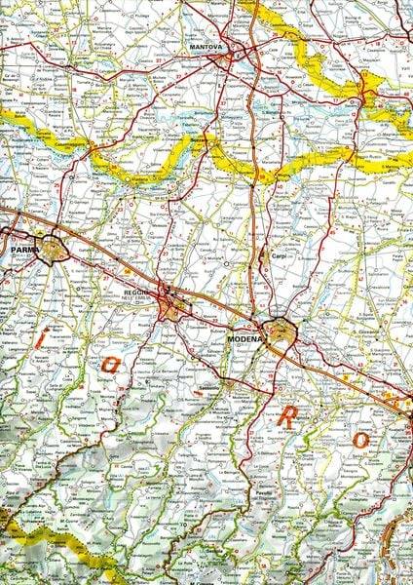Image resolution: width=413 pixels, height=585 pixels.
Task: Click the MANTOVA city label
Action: (206, 46)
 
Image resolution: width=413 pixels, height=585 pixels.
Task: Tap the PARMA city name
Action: (22, 251)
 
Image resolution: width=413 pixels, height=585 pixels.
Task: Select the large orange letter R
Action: (289, 416)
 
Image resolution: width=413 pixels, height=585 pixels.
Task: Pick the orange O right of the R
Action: (359, 440)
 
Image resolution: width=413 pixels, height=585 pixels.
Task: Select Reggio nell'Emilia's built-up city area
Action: (172, 310)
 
